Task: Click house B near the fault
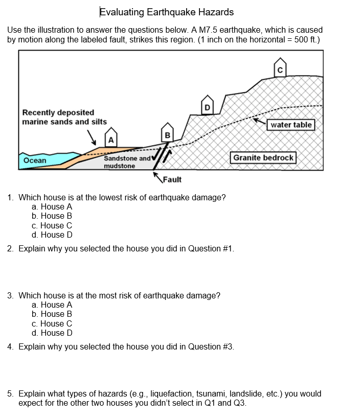[166, 134]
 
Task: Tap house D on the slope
[207, 106]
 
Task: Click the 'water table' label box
[291, 125]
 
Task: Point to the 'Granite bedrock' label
[263, 157]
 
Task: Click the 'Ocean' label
[35, 160]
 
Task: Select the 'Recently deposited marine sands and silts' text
[64, 117]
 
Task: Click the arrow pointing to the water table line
[260, 122]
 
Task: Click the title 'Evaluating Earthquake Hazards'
[166, 12]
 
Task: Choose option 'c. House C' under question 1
[52, 225]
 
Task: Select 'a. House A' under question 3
[52, 305]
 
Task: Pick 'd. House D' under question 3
[52, 333]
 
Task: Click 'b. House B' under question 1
[52, 216]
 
